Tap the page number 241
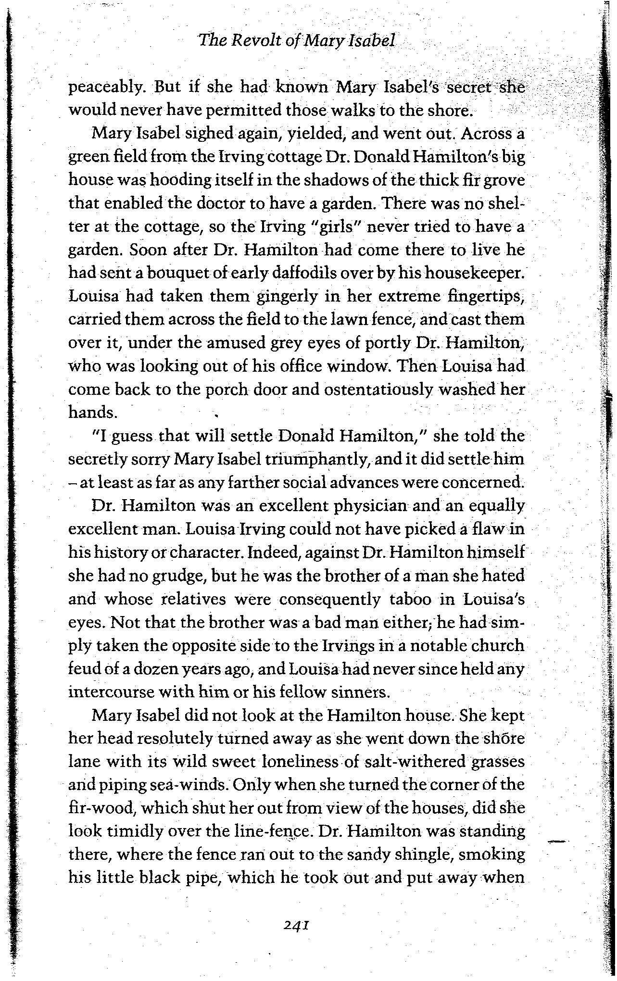pos(295,925)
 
